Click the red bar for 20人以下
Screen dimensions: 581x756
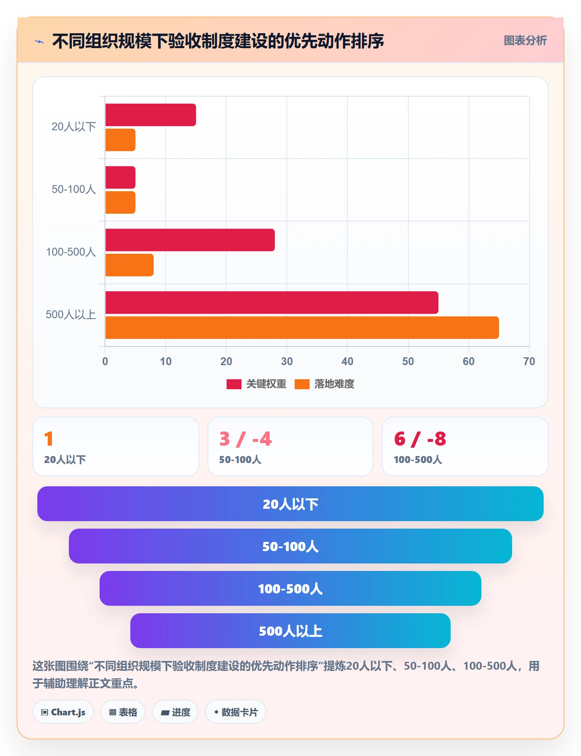click(x=151, y=115)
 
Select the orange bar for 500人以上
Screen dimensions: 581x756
click(x=302, y=328)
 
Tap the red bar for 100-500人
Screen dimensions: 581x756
click(x=190, y=240)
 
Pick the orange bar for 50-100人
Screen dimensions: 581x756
click(x=120, y=202)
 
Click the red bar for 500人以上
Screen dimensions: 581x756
click(x=272, y=302)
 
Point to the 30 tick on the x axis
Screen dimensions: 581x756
click(x=287, y=361)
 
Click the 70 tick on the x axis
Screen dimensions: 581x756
click(x=529, y=361)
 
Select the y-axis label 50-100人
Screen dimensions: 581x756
click(x=74, y=189)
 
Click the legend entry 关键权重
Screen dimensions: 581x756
click(x=256, y=384)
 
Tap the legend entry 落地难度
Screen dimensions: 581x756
click(x=325, y=384)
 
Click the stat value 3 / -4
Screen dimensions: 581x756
click(x=246, y=439)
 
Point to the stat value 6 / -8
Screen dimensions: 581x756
click(x=420, y=439)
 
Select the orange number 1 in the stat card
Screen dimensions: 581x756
click(x=49, y=439)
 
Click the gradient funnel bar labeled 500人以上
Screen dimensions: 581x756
click(x=290, y=631)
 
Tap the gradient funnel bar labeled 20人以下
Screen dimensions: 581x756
click(x=290, y=504)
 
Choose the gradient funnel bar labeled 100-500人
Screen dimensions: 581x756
click(x=290, y=588)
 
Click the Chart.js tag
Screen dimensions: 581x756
click(x=63, y=712)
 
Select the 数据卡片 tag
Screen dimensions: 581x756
click(x=236, y=712)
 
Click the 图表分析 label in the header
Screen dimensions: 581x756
click(x=525, y=40)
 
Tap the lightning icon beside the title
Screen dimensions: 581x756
click(x=39, y=41)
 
